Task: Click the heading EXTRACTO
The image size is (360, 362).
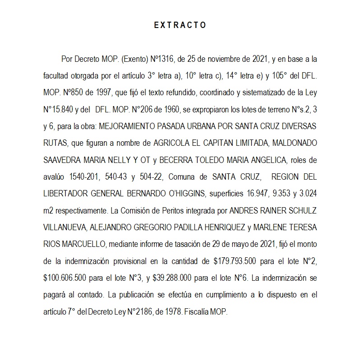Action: (x=180, y=25)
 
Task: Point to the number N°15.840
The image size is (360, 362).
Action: (x=59, y=109)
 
